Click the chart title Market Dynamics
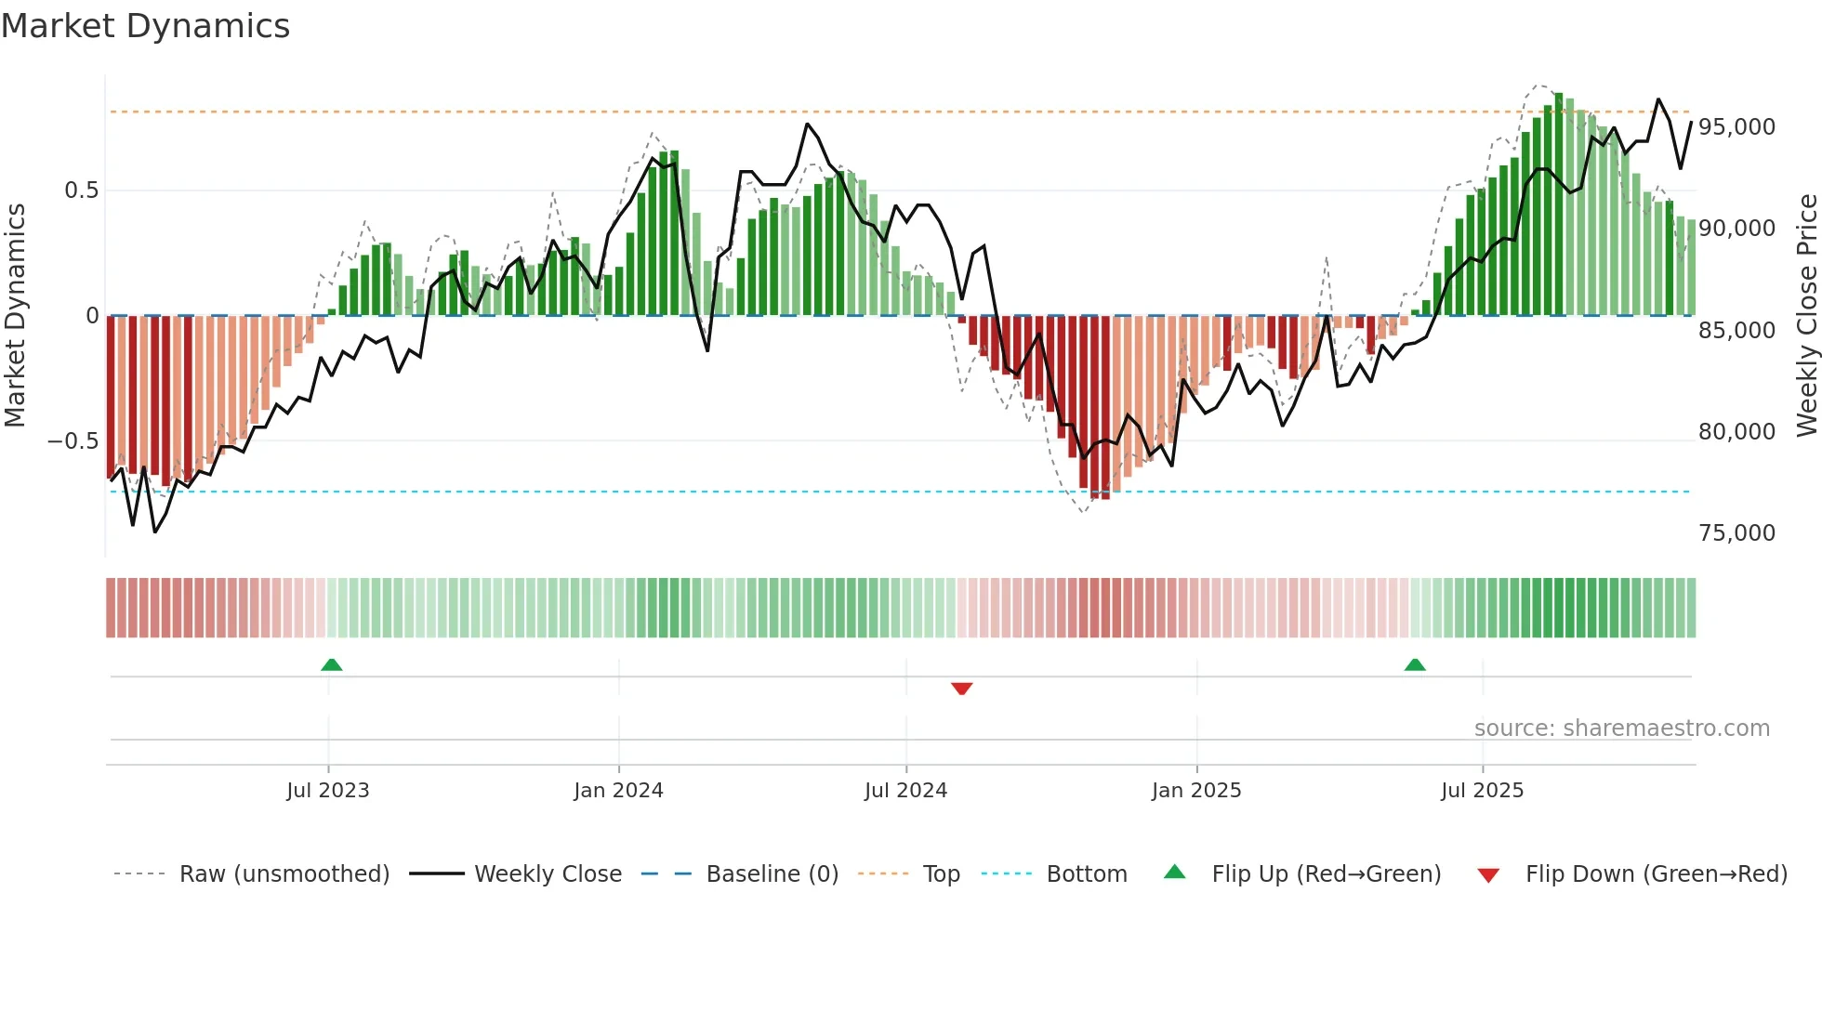click(145, 26)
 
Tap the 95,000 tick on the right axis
click(1736, 127)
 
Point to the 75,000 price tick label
click(1736, 533)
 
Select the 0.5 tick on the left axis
click(81, 190)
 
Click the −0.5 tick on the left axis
click(73, 441)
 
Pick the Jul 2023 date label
click(327, 791)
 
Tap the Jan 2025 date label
click(1195, 791)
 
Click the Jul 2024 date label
click(905, 791)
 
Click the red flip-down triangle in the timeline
click(961, 689)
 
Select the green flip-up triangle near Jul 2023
click(331, 664)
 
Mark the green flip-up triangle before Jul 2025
click(1414, 664)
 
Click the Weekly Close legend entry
click(548, 874)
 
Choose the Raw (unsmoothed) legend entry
click(284, 874)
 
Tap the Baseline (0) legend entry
click(772, 874)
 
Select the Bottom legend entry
click(1086, 874)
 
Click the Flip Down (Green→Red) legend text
click(1656, 874)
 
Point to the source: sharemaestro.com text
click(1621, 729)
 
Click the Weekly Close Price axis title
click(1806, 316)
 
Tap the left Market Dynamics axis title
click(15, 316)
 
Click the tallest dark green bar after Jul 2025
click(1558, 204)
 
